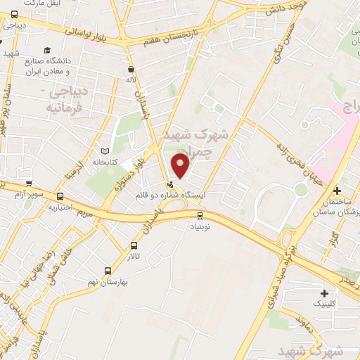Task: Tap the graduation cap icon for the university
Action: pos(46,50)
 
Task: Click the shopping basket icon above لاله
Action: pos(131,70)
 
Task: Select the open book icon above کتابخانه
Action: pos(105,151)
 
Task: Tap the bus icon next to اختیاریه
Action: pos(60,197)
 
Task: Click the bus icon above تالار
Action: pos(134,246)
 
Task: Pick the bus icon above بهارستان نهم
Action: pos(108,271)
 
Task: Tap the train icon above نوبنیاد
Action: pos(200,216)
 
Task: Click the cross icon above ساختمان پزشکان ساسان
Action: pos(337,191)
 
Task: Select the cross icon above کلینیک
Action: pos(323,292)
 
